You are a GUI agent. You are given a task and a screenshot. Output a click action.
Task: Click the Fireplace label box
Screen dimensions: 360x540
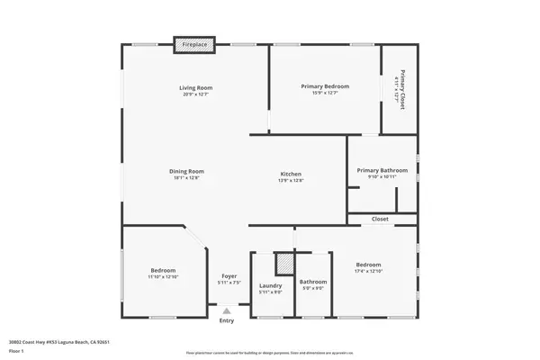coord(193,44)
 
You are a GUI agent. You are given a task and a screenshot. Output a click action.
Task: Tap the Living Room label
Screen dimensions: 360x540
coord(194,87)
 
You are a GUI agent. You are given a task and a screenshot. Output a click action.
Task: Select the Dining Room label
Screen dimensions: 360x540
coord(188,171)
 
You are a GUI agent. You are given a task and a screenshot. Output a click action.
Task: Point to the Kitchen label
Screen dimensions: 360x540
coord(291,174)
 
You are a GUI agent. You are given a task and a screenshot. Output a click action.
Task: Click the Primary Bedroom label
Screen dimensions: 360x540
coord(324,86)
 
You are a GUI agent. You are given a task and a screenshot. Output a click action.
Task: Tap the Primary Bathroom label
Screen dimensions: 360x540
coord(382,170)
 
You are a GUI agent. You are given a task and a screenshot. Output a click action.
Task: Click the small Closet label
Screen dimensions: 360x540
coord(381,219)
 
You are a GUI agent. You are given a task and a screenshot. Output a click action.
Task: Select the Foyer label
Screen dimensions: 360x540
coord(228,276)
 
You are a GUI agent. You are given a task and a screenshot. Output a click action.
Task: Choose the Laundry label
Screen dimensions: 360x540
coord(271,286)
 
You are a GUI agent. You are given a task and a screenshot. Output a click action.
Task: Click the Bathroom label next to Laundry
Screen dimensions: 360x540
coord(313,282)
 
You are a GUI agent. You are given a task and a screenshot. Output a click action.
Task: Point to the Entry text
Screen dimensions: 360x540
coord(227,320)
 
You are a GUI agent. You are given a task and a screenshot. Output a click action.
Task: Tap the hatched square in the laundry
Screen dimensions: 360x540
coord(283,263)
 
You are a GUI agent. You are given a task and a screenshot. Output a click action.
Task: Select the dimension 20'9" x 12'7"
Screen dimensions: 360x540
coord(194,94)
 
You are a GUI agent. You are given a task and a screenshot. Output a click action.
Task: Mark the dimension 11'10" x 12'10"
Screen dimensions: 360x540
coord(163,277)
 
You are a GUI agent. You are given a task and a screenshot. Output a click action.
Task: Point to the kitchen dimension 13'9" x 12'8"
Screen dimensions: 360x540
coord(291,181)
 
